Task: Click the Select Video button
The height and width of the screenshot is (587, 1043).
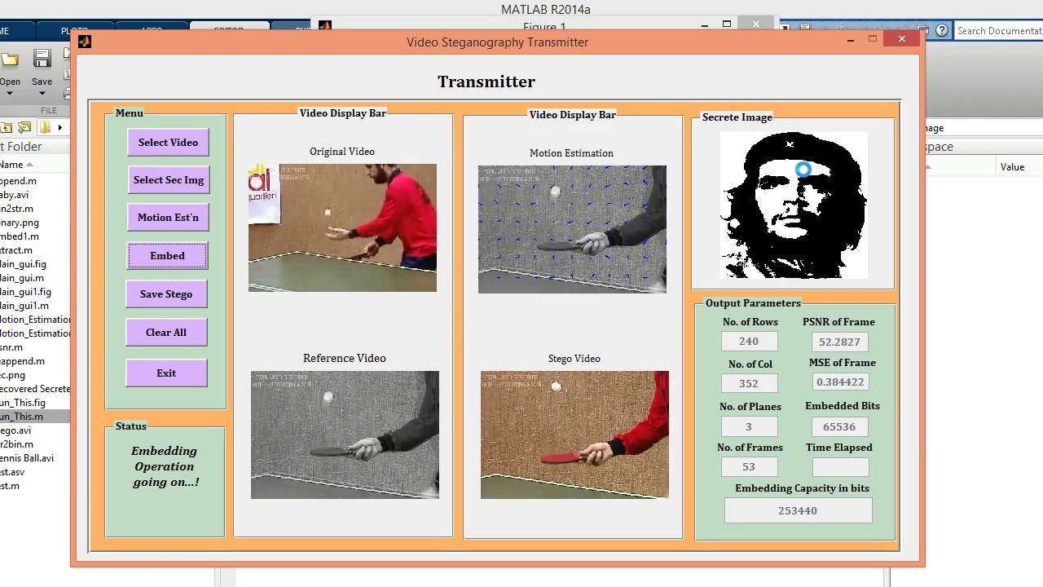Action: tap(168, 143)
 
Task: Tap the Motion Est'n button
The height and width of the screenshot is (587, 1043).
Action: tap(168, 218)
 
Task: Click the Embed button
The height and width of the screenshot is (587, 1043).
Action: tap(167, 256)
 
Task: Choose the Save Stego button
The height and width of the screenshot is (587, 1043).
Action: tap(166, 294)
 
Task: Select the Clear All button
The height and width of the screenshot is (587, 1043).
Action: tap(166, 333)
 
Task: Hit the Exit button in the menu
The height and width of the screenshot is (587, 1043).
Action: tap(166, 373)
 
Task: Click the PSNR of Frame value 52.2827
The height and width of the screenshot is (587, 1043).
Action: tap(839, 342)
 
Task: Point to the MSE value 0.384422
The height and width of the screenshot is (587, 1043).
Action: tap(839, 382)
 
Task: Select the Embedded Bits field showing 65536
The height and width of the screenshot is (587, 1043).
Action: tap(839, 426)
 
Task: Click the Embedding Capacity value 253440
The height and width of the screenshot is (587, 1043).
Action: tap(798, 511)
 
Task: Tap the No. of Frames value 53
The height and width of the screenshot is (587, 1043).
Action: tap(749, 467)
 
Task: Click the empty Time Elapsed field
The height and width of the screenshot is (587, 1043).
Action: tap(840, 467)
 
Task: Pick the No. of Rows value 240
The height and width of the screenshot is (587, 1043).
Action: tap(749, 342)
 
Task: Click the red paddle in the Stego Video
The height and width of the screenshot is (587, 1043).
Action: tap(562, 458)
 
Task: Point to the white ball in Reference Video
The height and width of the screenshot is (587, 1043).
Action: tap(328, 398)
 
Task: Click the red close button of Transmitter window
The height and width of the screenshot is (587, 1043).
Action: tap(901, 39)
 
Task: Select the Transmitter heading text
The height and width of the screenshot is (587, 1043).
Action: tap(486, 82)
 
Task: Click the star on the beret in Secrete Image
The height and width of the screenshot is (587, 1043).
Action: tap(790, 145)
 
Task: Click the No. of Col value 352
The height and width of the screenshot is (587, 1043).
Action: tap(749, 383)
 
